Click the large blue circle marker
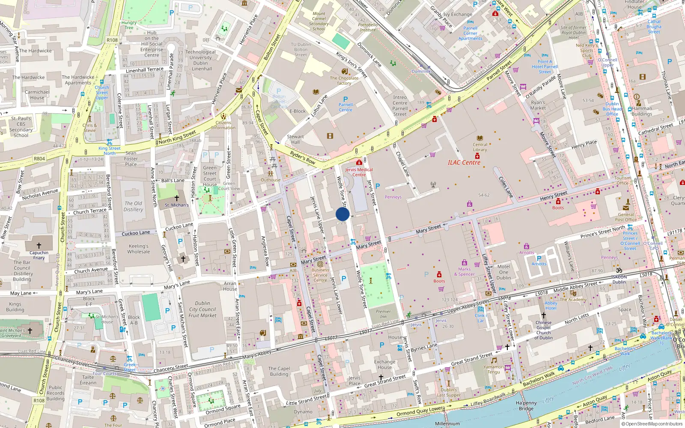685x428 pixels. coord(342,214)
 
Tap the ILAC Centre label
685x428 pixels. coord(464,163)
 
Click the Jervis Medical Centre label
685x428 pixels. coord(359,172)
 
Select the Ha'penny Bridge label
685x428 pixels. coord(526,406)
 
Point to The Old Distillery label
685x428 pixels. coord(133,206)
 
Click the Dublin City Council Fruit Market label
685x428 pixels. coord(203,309)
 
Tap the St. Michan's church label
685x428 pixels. coord(176,205)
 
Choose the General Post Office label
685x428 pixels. coord(625,217)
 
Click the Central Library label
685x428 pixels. coord(479,147)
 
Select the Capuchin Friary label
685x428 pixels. coord(39,255)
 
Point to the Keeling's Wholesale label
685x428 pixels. coord(139,249)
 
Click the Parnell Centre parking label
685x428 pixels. coord(345,107)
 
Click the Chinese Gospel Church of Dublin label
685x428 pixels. coord(543,330)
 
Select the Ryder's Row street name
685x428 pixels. coord(302,158)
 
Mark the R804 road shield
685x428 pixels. coord(39,159)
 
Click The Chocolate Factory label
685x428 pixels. coord(344,80)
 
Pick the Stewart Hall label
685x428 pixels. coord(295,140)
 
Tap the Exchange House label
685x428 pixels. coord(384,364)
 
